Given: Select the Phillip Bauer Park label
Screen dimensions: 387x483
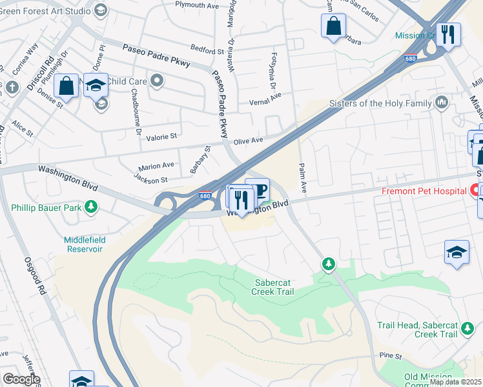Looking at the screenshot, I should (x=45, y=208).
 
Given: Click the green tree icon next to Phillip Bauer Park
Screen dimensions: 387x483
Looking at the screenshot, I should (x=92, y=206).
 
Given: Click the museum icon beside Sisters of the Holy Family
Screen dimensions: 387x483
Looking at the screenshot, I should (x=442, y=102).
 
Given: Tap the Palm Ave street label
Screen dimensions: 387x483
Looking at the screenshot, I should (x=302, y=178).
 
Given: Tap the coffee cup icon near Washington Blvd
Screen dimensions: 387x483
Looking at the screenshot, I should (x=258, y=190).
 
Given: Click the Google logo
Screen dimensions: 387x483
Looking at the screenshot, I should (x=21, y=379).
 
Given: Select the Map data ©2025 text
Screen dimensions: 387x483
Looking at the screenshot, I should (x=456, y=381).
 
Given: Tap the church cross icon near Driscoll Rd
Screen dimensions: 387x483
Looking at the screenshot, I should (x=13, y=87).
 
